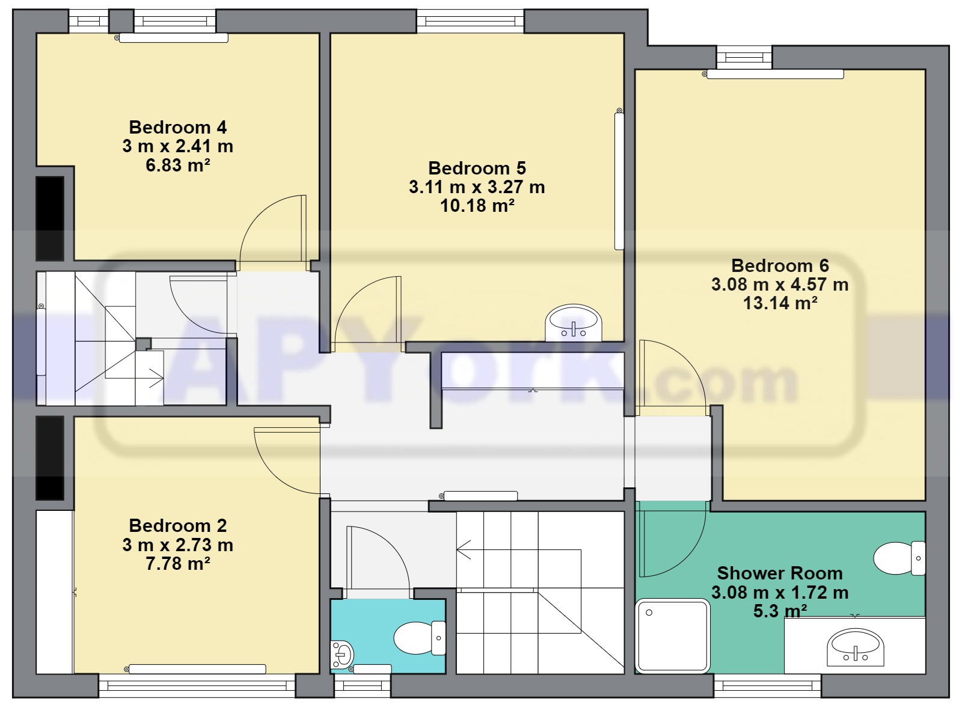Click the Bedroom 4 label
click(177, 128)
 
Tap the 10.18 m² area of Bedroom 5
click(477, 206)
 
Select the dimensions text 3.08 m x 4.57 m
click(780, 285)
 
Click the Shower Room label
click(780, 573)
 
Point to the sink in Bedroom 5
click(573, 324)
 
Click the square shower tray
click(673, 635)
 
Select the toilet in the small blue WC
click(418, 638)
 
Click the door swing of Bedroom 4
click(274, 232)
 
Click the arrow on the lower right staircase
click(464, 549)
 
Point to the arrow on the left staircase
click(156, 379)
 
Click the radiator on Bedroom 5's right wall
click(619, 181)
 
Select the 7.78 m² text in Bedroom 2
click(177, 564)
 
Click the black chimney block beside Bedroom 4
click(50, 218)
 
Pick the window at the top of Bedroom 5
click(470, 21)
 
